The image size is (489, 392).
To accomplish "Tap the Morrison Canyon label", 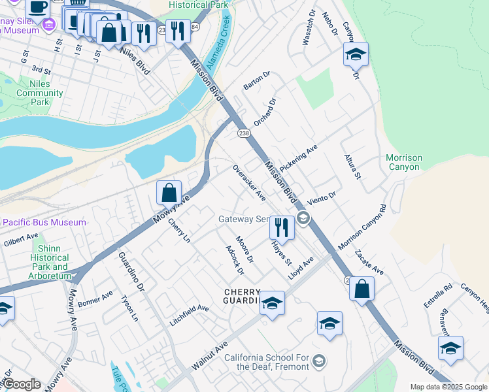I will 404,163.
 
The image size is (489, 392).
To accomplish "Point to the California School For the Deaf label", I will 267,362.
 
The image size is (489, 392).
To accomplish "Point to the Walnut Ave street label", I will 210,353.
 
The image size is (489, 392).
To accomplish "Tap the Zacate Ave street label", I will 369,262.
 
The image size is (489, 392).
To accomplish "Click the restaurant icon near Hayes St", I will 282,228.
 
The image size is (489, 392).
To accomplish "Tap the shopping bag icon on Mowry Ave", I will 169,193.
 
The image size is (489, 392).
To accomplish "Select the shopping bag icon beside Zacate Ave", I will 362,288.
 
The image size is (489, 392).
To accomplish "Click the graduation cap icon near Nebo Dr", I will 356,55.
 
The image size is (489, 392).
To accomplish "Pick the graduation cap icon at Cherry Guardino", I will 273,304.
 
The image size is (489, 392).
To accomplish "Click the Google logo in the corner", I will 21,384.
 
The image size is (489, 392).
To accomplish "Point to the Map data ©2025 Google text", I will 448,387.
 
